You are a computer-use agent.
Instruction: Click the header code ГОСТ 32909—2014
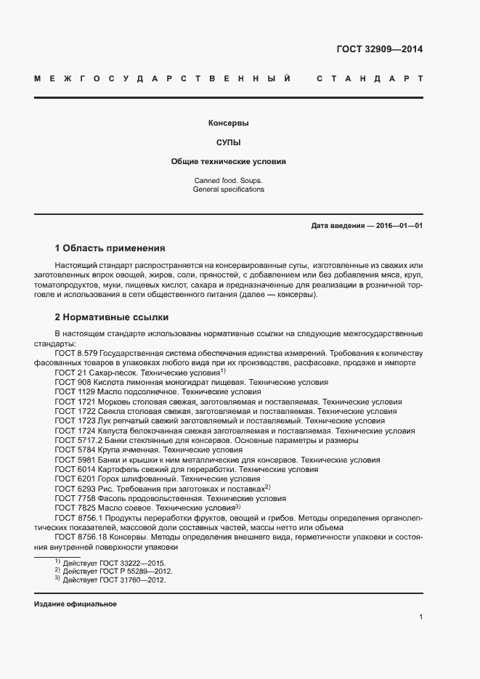(380, 50)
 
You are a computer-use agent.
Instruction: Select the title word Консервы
(228, 123)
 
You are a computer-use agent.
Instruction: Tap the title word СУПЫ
(228, 142)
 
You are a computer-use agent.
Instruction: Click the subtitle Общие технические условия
(228, 161)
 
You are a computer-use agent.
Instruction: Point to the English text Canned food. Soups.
(228, 180)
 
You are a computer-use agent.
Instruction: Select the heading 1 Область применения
(110, 248)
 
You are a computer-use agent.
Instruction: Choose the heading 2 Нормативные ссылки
(110, 317)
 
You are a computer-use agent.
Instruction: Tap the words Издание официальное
(75, 604)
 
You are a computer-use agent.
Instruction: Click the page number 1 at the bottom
(421, 617)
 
